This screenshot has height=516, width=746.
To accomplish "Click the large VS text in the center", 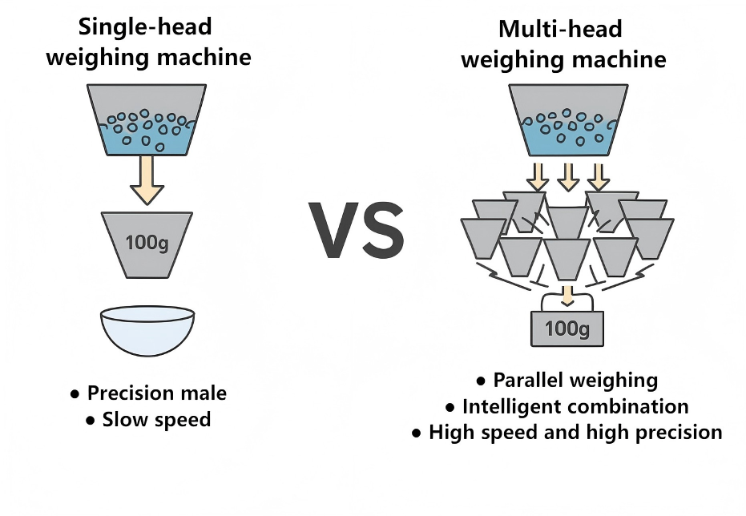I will pos(357,229).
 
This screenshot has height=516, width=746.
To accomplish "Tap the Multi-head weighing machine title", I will pos(563,45).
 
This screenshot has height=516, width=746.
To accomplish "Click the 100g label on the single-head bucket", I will pos(147,242).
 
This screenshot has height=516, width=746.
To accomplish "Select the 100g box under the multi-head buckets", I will pos(568,328).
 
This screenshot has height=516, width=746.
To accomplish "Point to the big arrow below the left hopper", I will pos(147,179).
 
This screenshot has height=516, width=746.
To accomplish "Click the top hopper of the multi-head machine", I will pos(568,120).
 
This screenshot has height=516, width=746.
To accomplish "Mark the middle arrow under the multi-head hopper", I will pos(568,175).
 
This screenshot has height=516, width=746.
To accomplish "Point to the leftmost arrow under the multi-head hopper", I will pos(537,175).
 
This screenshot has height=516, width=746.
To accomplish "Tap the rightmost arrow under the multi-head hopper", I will pos(599,175).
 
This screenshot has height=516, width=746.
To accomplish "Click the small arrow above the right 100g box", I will pos(567,296).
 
